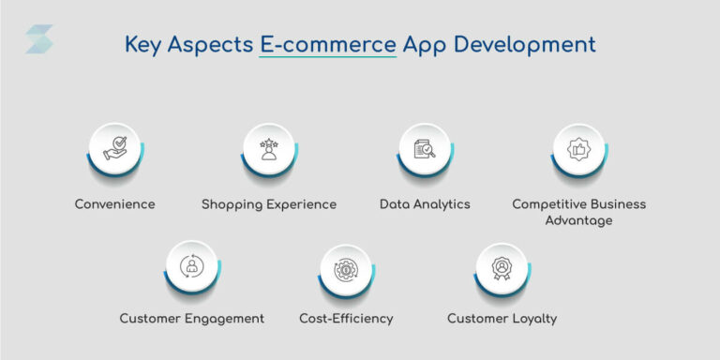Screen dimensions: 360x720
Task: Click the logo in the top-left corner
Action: [38, 39]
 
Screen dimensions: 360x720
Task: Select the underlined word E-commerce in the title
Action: [327, 44]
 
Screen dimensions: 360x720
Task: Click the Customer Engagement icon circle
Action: [191, 266]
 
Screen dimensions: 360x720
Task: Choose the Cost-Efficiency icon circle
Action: [346, 266]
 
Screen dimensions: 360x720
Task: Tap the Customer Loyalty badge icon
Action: [502, 266]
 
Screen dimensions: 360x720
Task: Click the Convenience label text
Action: [114, 203]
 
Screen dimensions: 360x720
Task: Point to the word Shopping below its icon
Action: [231, 204]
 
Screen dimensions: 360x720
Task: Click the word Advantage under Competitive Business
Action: [578, 220]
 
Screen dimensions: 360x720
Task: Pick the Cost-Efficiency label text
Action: [346, 319]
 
